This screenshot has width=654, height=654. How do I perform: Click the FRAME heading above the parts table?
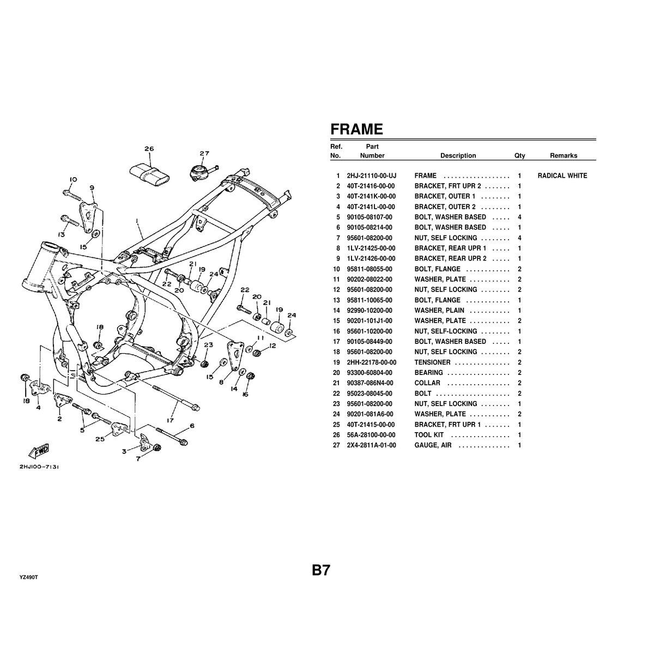click(357, 129)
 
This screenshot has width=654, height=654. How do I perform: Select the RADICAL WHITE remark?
click(562, 176)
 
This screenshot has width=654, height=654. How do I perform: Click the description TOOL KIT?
click(429, 435)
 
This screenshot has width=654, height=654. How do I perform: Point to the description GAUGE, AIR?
click(433, 445)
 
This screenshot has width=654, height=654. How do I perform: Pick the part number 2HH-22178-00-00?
click(372, 362)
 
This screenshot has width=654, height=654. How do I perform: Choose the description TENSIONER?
click(432, 362)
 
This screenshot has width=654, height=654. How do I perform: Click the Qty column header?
click(519, 156)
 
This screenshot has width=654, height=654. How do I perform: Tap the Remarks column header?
click(563, 156)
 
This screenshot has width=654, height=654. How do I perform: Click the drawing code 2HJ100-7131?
click(40, 467)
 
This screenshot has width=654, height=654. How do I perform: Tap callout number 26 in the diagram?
click(149, 149)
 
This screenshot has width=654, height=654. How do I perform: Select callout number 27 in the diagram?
click(204, 153)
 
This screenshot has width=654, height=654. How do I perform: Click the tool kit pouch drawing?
click(148, 173)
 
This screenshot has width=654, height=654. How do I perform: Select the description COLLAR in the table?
click(427, 383)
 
